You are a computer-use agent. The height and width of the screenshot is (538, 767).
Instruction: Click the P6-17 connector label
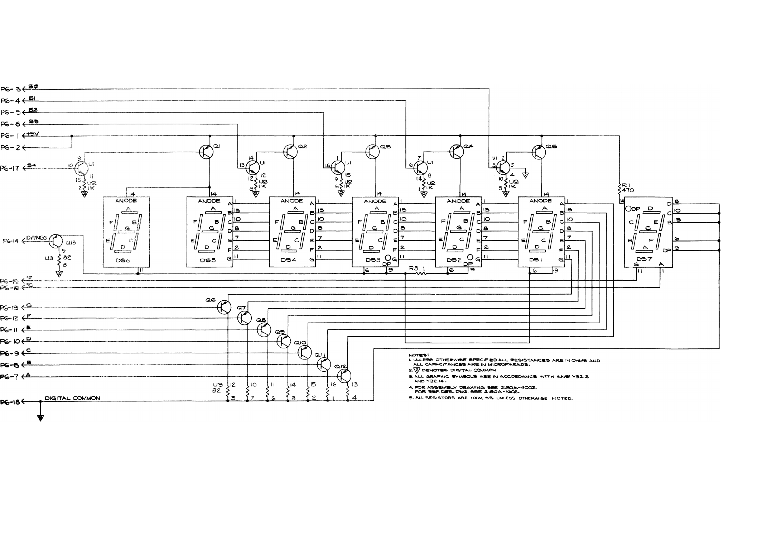[x=10, y=168]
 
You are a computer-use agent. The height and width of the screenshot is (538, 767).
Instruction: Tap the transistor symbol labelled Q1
[x=206, y=152]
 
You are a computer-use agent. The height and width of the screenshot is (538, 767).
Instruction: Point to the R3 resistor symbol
[x=421, y=273]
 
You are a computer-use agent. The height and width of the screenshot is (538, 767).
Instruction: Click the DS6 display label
[x=123, y=261]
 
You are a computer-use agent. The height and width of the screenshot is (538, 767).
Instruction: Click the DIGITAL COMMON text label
[x=72, y=398]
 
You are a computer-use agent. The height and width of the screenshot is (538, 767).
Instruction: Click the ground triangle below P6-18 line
[x=40, y=418]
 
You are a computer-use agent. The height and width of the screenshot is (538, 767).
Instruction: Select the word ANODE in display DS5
[x=209, y=201]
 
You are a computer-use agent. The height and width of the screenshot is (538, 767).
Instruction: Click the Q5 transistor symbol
[x=538, y=152]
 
